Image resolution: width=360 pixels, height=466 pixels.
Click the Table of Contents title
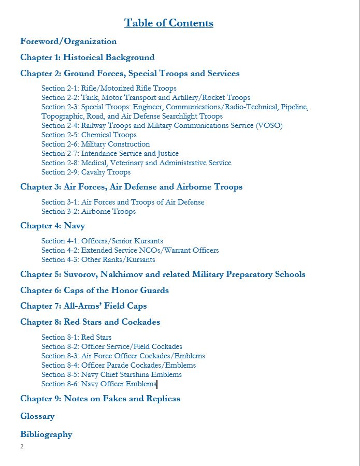coord(168,23)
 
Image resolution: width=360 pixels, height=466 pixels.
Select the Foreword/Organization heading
coord(68,41)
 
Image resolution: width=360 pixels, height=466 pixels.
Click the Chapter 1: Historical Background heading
coord(87,57)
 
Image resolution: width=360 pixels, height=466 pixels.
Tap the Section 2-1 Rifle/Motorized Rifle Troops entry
coord(109,89)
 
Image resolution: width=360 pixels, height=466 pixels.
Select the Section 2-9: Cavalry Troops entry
coord(85,172)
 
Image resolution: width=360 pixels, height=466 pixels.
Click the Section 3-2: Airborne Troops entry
coord(88,212)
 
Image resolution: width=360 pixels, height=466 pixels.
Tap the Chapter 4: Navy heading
coord(52,226)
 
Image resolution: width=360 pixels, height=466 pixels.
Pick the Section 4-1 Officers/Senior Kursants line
coord(102,241)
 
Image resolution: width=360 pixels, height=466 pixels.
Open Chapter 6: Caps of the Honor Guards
coord(94,290)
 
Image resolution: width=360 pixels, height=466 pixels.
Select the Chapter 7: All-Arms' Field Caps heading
coord(91,306)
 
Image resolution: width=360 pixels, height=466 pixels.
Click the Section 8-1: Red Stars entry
coord(76,338)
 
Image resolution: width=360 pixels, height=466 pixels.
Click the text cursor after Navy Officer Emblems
coord(157,384)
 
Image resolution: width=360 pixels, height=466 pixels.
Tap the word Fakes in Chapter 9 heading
coord(117,399)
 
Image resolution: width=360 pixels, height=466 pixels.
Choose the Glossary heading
coord(37,416)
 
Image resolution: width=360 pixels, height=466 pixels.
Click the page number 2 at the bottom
coord(22,446)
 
